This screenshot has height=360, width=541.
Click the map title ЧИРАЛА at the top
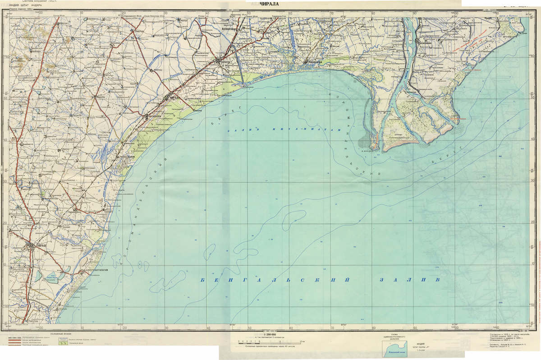270,4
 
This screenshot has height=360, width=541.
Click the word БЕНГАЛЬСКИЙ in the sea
275,280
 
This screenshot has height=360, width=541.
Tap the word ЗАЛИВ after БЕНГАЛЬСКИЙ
408,280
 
